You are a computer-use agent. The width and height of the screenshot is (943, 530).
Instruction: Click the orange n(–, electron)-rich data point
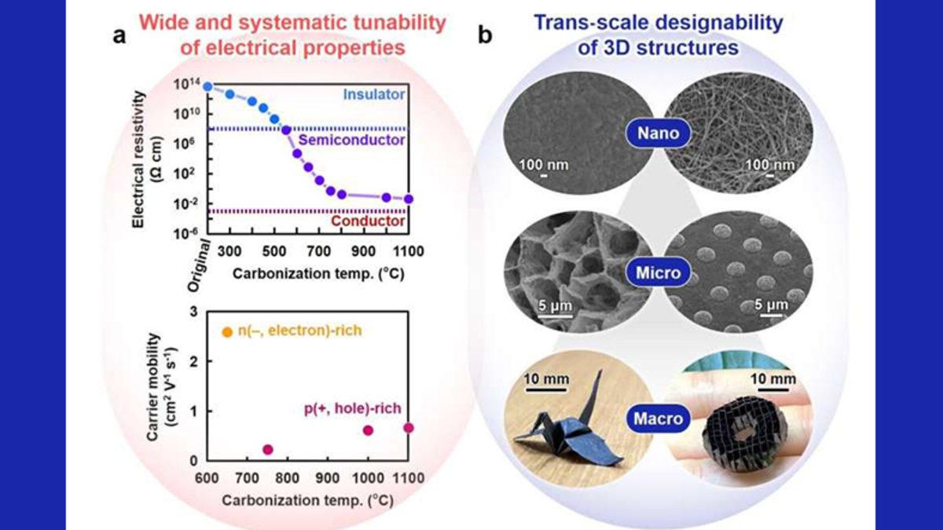point(228,332)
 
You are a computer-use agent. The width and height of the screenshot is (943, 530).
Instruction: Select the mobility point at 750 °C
point(267,449)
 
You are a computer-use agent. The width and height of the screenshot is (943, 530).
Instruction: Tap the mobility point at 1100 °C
point(408,428)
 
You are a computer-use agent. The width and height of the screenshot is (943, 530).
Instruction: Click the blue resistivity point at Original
point(207,86)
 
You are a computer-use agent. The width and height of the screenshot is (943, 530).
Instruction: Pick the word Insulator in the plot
point(374,95)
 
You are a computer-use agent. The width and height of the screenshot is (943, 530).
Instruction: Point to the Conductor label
point(368,222)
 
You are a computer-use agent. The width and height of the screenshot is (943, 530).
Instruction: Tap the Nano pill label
point(658,133)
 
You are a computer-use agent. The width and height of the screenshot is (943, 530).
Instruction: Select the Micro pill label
point(658,276)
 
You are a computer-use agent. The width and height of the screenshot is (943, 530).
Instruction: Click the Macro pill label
point(658,419)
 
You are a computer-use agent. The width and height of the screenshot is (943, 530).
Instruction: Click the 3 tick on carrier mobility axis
point(193,313)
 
